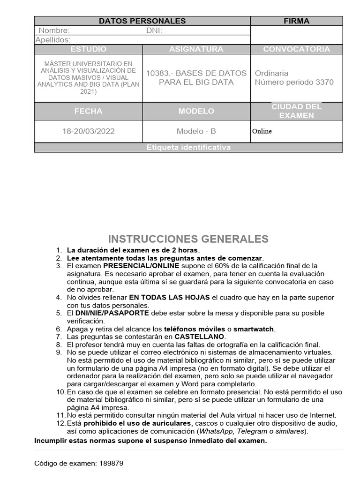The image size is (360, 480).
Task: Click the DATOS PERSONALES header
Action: [x=142, y=21]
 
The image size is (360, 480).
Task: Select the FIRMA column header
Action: [x=296, y=21]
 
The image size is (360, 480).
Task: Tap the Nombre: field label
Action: [x=54, y=30]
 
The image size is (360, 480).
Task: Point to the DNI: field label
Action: [x=154, y=30]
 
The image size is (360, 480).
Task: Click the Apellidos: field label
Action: [x=53, y=40]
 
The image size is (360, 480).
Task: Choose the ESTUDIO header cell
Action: [x=88, y=49]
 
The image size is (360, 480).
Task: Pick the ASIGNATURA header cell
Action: [x=196, y=49]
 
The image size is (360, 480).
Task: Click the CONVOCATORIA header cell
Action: [x=296, y=49]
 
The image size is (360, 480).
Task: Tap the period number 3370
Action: [x=325, y=82]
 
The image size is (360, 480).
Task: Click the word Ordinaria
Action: [x=271, y=73]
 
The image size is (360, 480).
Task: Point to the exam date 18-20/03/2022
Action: [x=88, y=131]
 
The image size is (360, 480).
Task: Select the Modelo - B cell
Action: [x=196, y=131]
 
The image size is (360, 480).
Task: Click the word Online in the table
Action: [x=262, y=131]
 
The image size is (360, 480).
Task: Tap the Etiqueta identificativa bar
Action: [x=188, y=148]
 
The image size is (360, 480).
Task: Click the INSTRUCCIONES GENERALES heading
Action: [x=188, y=239]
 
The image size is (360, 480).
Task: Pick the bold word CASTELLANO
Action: [x=200, y=337]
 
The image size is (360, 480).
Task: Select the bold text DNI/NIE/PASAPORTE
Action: [x=112, y=313]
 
